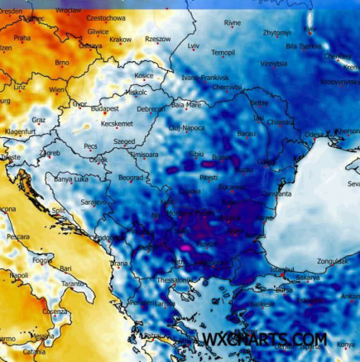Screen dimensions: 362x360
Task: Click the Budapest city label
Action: pos(105,108)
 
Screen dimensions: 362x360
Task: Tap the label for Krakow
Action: pos(120,40)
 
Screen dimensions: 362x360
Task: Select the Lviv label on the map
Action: pos(194,46)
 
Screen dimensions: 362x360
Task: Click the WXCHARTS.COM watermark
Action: pos(262,339)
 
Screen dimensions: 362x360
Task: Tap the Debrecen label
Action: pos(151,108)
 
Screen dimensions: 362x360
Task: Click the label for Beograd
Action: pos(132,177)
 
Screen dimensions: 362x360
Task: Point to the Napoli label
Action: pos(18,274)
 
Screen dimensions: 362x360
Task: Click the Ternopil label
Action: pos(223,53)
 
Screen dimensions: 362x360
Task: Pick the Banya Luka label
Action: pos(72,179)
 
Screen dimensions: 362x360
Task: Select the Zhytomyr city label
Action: pos(276,33)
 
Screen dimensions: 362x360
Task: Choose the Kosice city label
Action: pos(144,75)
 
